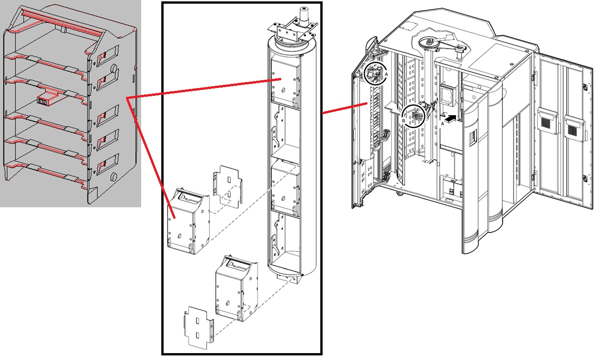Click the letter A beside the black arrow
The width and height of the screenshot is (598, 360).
coord(443,123)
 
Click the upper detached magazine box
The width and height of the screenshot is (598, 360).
coord(189,220)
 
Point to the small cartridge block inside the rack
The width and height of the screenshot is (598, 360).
coord(44,100)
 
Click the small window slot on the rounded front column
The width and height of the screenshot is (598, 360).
coord(473,135)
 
